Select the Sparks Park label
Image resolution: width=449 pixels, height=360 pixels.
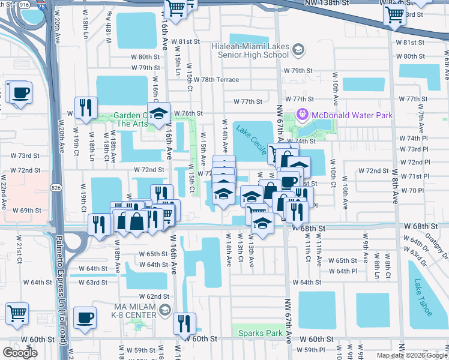(260, 333)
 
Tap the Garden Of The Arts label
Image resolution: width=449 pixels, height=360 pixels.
(122, 119)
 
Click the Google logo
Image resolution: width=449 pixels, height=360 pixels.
(20, 352)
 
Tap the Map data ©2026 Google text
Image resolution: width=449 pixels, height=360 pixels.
(411, 355)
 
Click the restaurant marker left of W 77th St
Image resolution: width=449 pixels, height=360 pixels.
(86, 107)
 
